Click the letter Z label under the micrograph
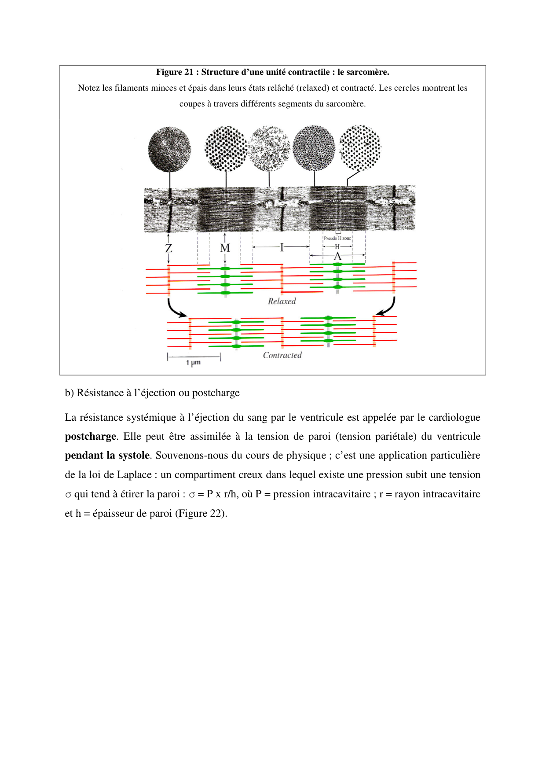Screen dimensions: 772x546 point(169,248)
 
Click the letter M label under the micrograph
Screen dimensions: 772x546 point(225,248)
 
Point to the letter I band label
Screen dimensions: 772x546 point(282,247)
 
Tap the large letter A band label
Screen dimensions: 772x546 point(337,257)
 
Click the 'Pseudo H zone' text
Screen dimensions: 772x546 point(337,238)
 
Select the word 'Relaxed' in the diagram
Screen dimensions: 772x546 point(282,301)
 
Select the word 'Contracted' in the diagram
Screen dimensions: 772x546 point(282,356)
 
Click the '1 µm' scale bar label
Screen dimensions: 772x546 point(193,363)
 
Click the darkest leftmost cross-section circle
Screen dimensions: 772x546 point(169,150)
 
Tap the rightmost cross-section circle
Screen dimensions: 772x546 point(360,148)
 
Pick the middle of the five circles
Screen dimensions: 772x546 point(269,149)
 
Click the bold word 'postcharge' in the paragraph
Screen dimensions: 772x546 point(91,437)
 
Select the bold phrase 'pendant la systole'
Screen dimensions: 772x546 point(107,456)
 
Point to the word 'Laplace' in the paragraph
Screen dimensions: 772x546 point(134,475)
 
